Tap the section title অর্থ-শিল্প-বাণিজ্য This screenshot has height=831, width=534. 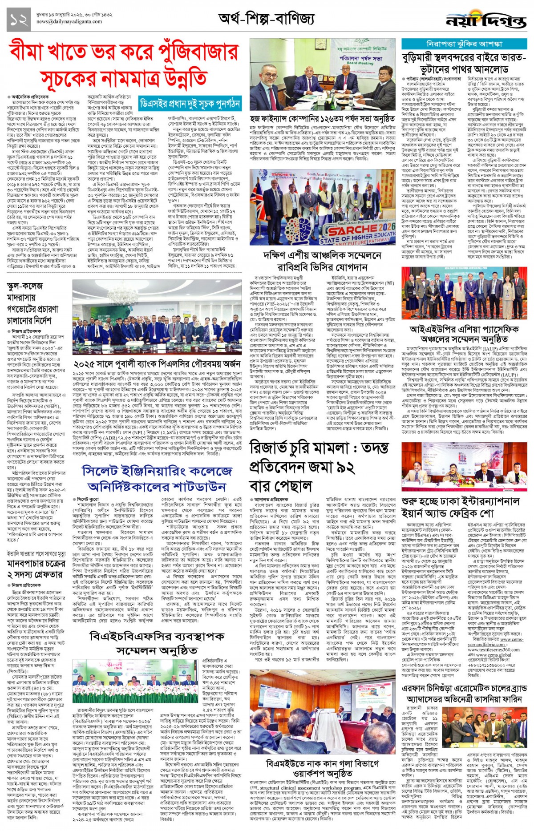266,19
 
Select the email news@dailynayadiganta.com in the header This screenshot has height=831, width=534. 69,21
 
